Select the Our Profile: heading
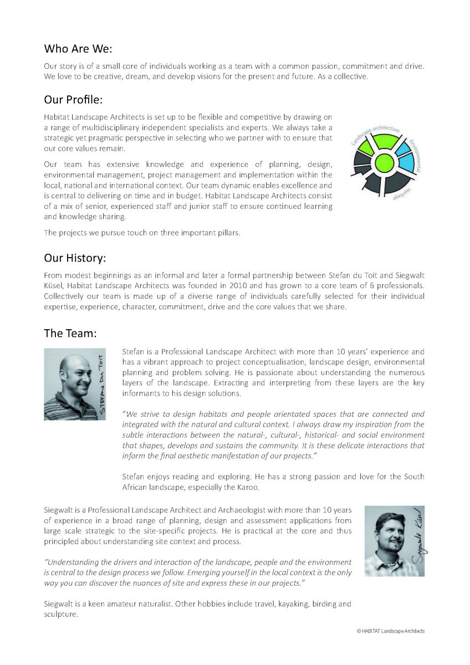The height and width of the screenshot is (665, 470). [73, 100]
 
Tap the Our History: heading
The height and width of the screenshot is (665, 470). [75, 258]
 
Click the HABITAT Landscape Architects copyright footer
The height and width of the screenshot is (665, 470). [391, 631]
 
